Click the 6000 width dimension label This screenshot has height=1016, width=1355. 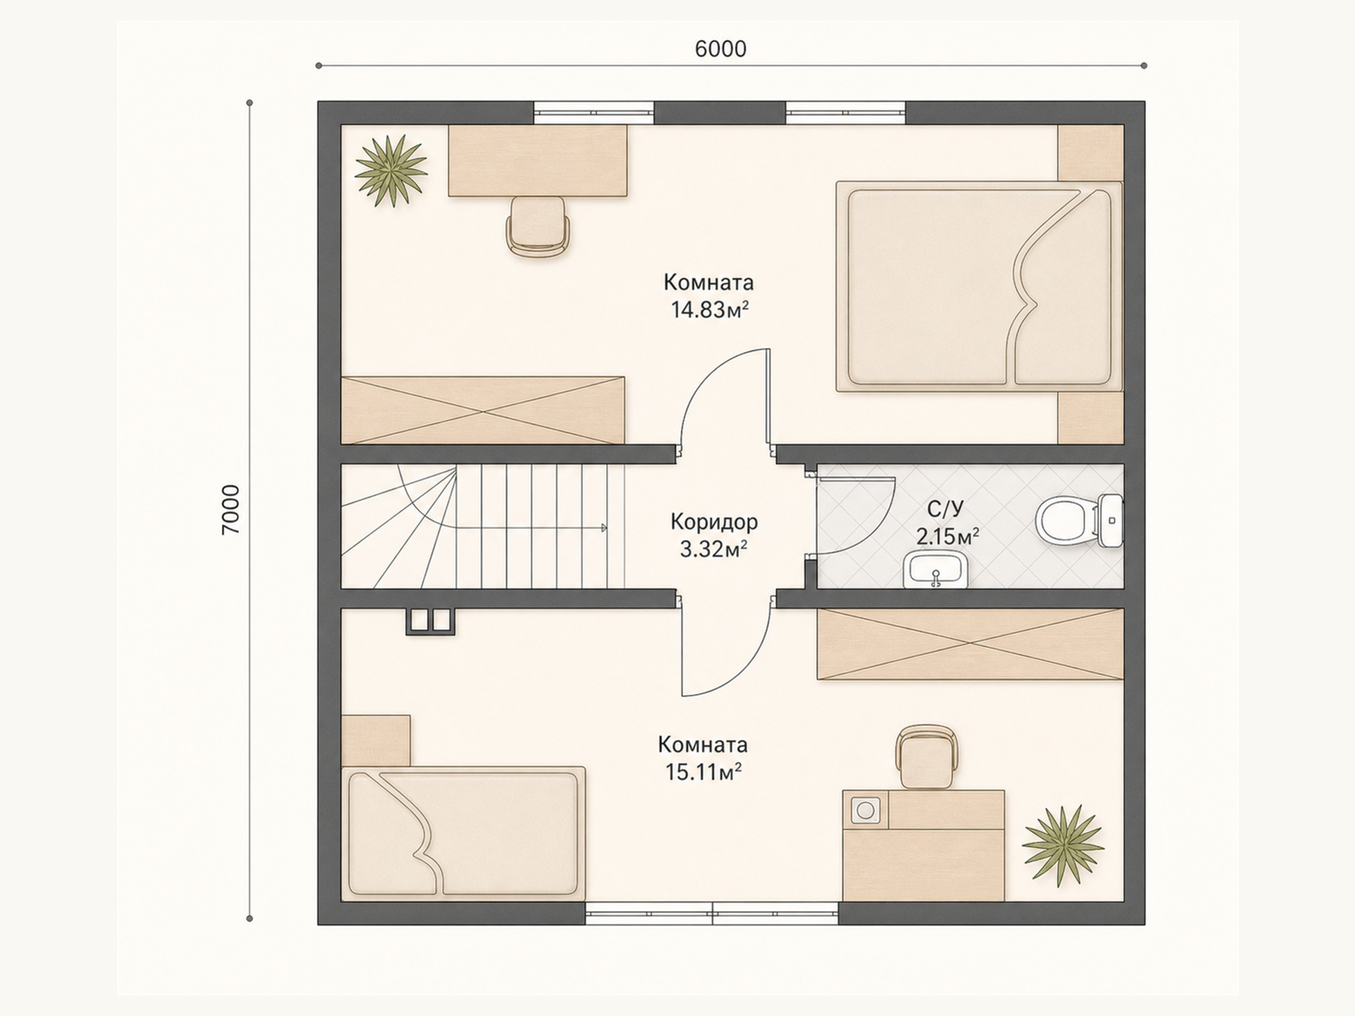point(721,49)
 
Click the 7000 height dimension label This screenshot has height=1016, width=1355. point(231,509)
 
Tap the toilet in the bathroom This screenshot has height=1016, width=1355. point(1078,521)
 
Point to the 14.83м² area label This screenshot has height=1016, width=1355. point(710,310)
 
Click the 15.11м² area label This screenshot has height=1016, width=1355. point(703,771)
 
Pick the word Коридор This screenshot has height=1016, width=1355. point(714,522)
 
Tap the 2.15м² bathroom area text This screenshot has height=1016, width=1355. point(948,536)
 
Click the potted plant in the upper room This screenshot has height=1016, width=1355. point(390,171)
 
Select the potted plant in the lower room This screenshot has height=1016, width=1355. point(1063,844)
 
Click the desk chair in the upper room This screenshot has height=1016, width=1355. point(538,226)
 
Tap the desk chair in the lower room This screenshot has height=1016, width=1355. point(926,757)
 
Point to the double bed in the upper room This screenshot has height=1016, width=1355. point(979,286)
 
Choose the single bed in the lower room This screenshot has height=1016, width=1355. point(463,833)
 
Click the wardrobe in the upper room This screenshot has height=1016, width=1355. point(483,411)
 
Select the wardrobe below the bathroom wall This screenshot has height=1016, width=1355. point(970,644)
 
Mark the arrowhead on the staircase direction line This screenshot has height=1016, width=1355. point(604,528)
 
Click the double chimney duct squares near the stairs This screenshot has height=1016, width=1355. point(430,621)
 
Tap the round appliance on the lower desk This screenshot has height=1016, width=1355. point(866,809)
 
